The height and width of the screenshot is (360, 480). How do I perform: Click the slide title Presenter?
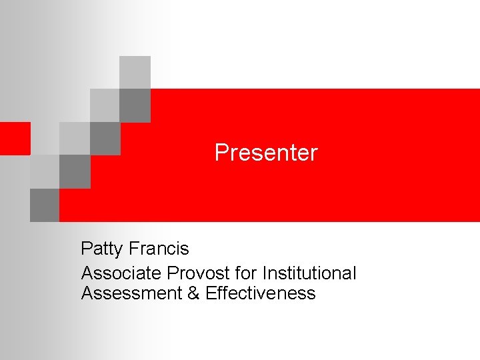(x=266, y=153)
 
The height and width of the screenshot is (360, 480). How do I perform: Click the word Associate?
(x=121, y=273)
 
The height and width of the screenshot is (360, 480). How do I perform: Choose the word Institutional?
(x=309, y=273)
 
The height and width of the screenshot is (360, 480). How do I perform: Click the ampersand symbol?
(x=194, y=293)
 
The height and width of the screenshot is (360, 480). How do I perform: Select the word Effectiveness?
(x=261, y=293)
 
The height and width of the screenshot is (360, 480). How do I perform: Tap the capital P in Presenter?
(x=221, y=153)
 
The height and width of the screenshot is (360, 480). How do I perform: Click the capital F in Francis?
(x=133, y=249)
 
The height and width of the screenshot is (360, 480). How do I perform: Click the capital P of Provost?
(x=173, y=273)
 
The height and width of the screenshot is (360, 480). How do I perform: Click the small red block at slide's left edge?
(x=15, y=138)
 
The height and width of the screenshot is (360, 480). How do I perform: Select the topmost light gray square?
(x=135, y=72)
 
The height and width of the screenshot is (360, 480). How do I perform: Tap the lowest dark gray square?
(x=45, y=205)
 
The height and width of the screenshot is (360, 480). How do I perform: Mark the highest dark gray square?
(x=135, y=105)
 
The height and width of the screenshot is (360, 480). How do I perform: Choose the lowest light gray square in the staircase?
(x=45, y=171)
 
